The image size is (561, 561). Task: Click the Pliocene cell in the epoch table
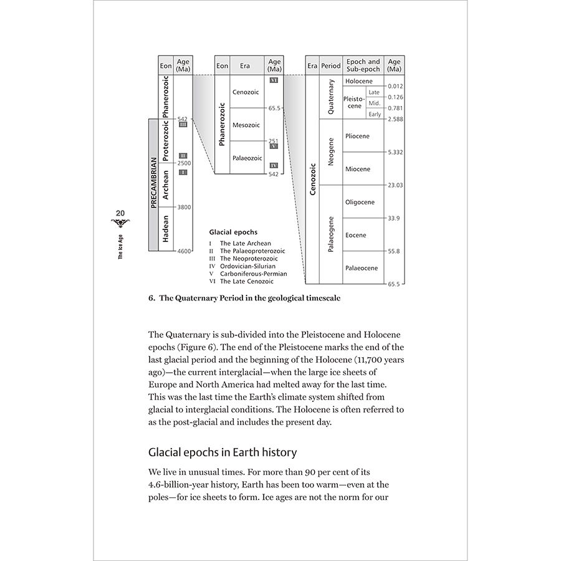pos(357,137)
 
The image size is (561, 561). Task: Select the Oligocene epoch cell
pos(360,202)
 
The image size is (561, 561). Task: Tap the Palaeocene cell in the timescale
pos(362,268)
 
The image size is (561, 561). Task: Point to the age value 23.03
pos(395,185)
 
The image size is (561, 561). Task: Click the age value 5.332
pos(395,152)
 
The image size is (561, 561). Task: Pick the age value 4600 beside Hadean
pos(184,251)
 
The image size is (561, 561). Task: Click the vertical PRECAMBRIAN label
pos(153,185)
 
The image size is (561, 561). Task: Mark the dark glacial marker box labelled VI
pos(274,80)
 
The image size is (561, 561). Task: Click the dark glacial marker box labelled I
pos(183,172)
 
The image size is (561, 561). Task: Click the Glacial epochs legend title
pos(233,232)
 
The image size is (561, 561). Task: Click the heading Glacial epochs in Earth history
pos(223,452)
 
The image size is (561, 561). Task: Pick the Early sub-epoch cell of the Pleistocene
pos(375,114)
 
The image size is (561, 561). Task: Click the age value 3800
pos(184,207)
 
